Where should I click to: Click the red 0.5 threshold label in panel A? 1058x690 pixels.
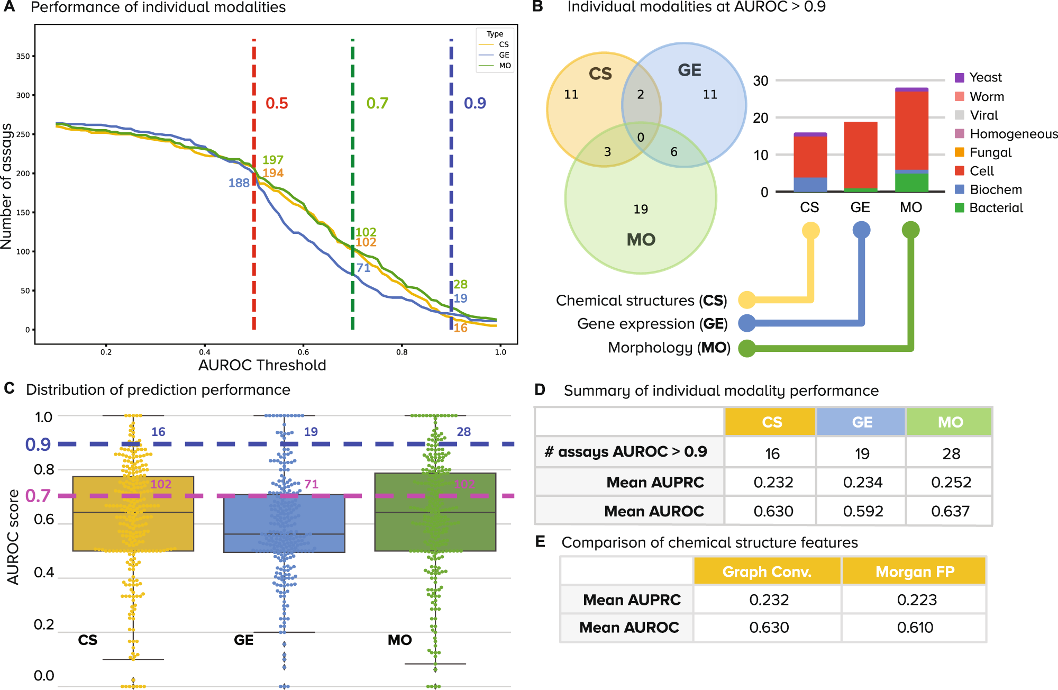tap(277, 103)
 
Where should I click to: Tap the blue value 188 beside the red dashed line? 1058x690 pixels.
tap(239, 183)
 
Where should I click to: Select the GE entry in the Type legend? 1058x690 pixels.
tap(504, 55)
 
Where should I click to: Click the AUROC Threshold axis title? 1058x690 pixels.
tap(262, 365)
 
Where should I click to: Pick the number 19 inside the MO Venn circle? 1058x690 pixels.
tap(641, 209)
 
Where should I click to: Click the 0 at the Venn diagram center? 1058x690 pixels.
tap(641, 138)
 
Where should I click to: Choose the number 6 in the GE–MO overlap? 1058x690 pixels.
tap(674, 152)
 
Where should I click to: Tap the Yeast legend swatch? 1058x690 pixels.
tap(960, 78)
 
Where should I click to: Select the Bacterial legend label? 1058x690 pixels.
tap(996, 208)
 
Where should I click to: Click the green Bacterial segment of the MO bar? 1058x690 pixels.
tap(911, 182)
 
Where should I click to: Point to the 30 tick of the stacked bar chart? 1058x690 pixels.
tap(761, 81)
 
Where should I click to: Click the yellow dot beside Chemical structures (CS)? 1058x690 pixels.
tap(747, 299)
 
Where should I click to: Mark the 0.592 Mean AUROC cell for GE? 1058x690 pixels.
tap(863, 511)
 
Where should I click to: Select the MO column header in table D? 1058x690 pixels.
tap(950, 422)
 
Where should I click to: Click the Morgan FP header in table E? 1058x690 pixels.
tap(915, 572)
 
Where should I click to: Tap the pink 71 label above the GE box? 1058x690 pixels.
tap(311, 484)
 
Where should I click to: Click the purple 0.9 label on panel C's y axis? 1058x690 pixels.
tap(38, 444)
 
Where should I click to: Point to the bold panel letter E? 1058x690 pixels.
tap(540, 541)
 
